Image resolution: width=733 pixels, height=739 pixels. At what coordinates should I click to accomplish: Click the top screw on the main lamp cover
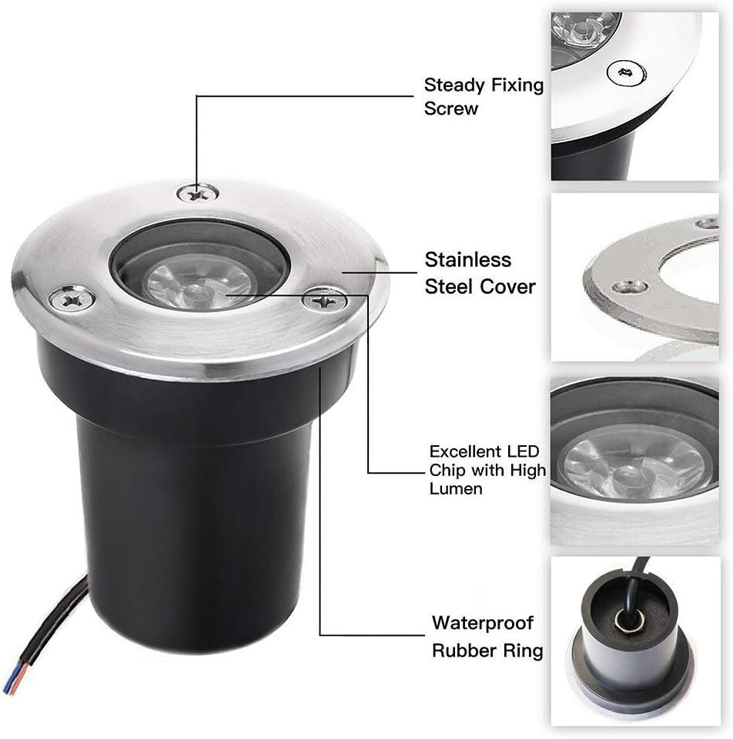tap(197, 192)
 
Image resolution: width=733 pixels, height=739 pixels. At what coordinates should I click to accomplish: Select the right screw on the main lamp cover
tap(324, 299)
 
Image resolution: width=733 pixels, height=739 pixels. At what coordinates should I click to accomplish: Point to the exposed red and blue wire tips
tap(12, 680)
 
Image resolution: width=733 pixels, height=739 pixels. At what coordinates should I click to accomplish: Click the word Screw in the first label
tap(451, 108)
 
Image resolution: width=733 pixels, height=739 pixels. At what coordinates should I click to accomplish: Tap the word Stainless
tap(467, 260)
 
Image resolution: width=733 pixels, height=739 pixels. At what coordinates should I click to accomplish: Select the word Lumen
tap(456, 488)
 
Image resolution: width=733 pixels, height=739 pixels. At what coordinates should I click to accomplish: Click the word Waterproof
tap(482, 622)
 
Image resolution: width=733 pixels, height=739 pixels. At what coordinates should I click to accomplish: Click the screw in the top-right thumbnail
tap(625, 74)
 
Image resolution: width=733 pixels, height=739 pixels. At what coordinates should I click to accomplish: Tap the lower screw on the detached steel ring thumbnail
tap(629, 287)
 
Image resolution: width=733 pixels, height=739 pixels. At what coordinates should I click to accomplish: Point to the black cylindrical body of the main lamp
tap(192, 523)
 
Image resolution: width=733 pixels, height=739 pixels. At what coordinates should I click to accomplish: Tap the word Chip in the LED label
tap(447, 470)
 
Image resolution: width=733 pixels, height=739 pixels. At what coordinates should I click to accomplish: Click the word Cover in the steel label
tap(507, 287)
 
